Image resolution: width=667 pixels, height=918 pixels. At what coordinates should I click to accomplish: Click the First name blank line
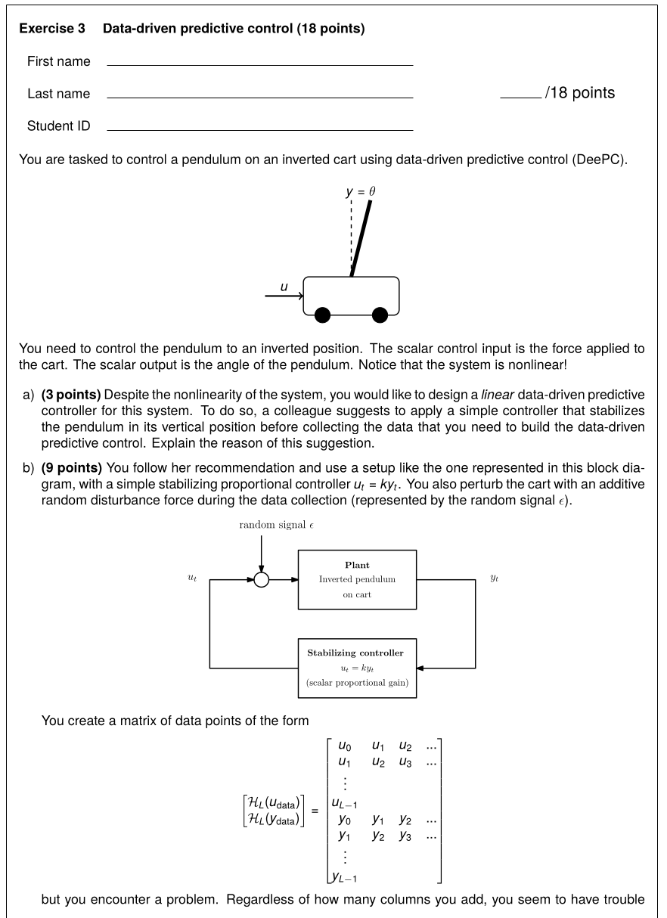260,65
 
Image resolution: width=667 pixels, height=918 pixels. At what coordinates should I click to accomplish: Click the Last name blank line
260,98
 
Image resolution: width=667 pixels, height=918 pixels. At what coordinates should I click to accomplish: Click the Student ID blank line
260,130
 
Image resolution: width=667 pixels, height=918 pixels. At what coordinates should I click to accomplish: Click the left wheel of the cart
323,315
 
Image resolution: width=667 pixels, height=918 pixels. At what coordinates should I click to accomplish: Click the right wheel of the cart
380,315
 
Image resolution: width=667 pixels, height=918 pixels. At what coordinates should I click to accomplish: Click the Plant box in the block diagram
357,579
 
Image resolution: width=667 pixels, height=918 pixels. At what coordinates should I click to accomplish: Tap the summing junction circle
261,580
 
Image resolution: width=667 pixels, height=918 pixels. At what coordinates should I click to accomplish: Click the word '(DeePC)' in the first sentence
599,160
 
